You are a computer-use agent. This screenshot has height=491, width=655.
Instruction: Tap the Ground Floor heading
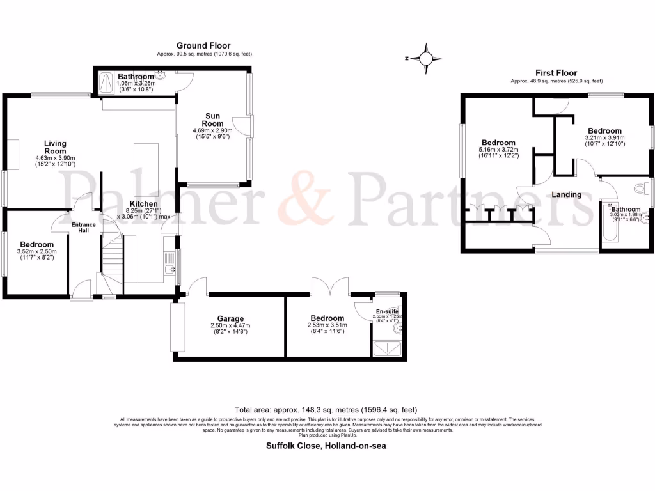coord(203,45)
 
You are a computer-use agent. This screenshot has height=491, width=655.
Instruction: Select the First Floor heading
coord(556,73)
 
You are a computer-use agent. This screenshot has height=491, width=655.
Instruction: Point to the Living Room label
coord(55,148)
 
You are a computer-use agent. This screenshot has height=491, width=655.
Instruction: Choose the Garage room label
coord(228,318)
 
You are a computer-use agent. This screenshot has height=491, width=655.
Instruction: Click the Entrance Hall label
coord(83,228)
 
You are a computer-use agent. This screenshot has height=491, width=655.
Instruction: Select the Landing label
coord(567,194)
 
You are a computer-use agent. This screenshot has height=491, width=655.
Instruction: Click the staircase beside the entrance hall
coord(111,262)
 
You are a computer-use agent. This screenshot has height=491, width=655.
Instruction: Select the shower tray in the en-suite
coord(387,348)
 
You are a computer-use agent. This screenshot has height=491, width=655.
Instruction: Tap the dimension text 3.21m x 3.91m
coord(604,137)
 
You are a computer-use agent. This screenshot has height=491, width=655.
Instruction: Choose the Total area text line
coord(326,410)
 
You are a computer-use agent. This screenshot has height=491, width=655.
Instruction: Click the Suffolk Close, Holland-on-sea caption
coord(326,446)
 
